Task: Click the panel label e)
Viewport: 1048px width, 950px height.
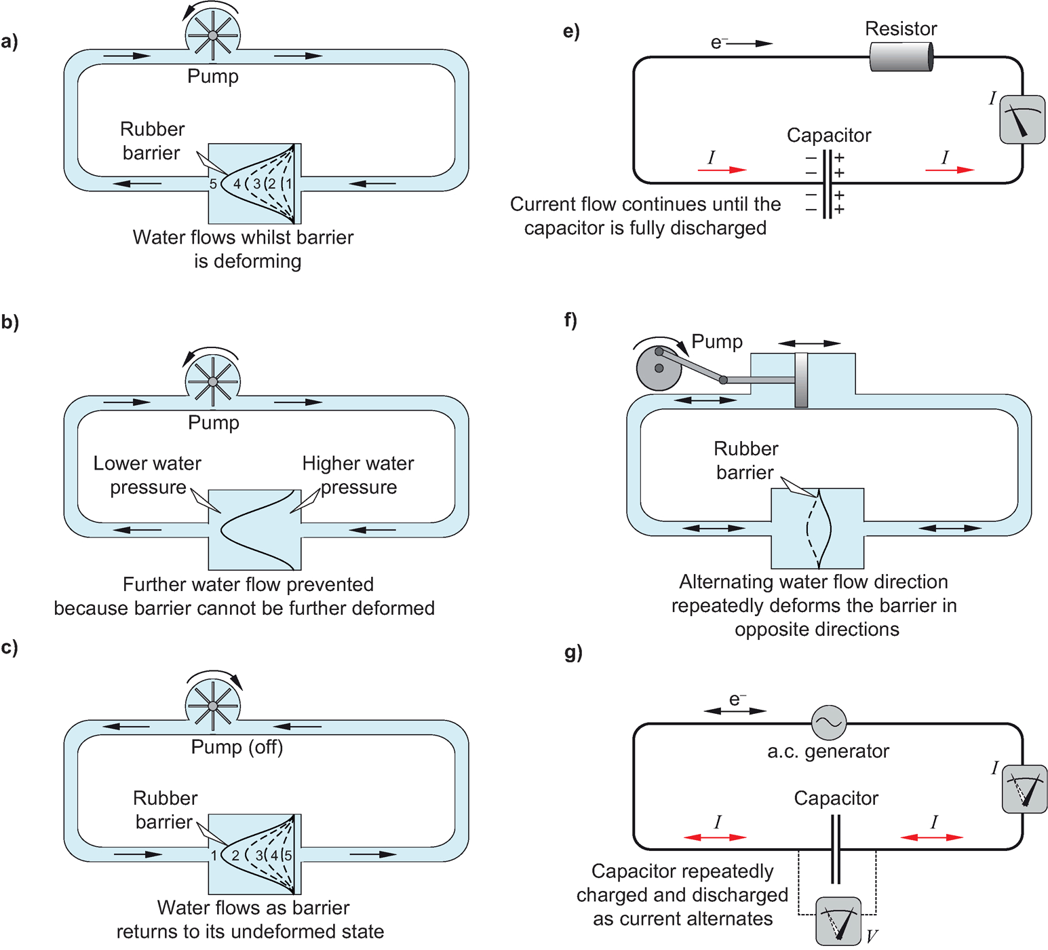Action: click(571, 31)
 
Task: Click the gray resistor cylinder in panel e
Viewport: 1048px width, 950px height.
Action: click(901, 56)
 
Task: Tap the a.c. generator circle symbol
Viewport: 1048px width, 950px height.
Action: click(829, 722)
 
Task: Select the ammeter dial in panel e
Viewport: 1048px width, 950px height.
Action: click(1022, 119)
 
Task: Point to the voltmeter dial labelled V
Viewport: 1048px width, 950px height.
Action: click(838, 921)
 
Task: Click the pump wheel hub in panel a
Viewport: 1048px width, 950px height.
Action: click(212, 35)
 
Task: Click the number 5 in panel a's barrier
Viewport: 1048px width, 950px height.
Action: click(213, 184)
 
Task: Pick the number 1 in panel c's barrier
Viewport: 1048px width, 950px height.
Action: click(214, 855)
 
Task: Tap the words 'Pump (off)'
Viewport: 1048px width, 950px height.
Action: click(237, 747)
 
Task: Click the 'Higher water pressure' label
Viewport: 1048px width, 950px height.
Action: click(358, 475)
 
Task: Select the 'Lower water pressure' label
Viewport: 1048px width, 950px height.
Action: click(147, 475)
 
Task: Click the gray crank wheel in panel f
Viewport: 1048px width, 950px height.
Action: click(658, 368)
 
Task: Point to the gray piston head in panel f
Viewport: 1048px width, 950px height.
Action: click(801, 380)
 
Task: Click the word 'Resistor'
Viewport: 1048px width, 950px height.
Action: click(901, 28)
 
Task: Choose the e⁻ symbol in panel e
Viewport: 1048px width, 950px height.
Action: click(718, 43)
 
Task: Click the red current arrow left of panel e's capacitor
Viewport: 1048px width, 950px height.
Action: click(722, 170)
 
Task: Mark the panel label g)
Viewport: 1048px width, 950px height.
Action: click(573, 652)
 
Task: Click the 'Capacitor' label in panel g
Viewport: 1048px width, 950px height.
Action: click(836, 798)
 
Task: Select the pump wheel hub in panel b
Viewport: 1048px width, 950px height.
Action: click(213, 381)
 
